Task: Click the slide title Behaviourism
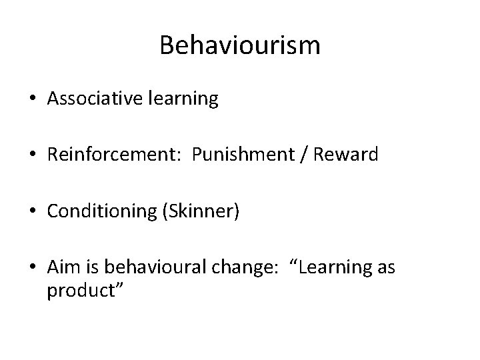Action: tap(240, 45)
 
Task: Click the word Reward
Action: tap(346, 155)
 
